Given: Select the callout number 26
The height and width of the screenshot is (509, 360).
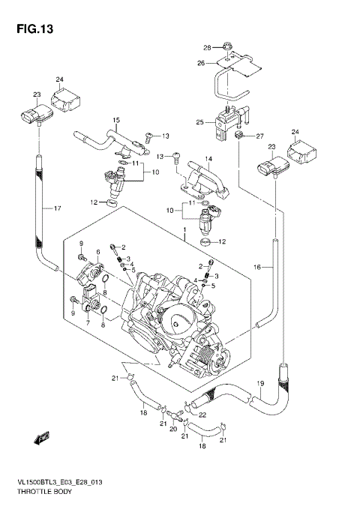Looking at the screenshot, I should (x=201, y=63).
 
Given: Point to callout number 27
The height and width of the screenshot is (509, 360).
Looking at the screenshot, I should (x=260, y=136).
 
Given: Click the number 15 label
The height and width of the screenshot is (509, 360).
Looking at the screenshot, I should (x=116, y=120).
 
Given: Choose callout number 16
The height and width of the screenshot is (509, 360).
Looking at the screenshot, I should (x=257, y=267).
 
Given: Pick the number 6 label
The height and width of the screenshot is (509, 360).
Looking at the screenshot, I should (x=97, y=252).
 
